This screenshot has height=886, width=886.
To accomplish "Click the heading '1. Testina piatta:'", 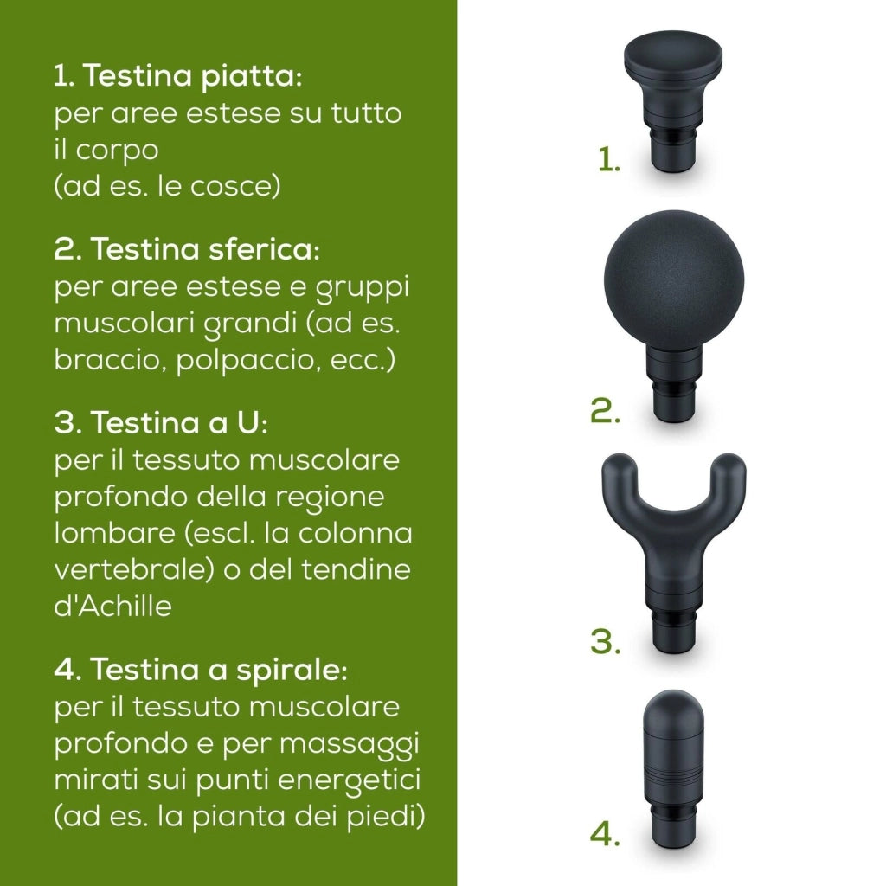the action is [x=178, y=76].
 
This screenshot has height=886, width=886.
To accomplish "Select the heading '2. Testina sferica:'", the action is [x=187, y=248].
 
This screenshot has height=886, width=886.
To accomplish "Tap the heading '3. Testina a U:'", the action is [x=161, y=422].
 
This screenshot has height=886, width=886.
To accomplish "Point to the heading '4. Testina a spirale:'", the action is [x=201, y=670].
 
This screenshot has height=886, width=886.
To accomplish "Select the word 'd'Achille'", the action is [x=113, y=606].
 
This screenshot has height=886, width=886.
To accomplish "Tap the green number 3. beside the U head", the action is [x=605, y=641].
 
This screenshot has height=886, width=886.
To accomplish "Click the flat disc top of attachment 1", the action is [x=673, y=54].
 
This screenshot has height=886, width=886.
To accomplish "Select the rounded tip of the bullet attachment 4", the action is [x=672, y=709].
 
